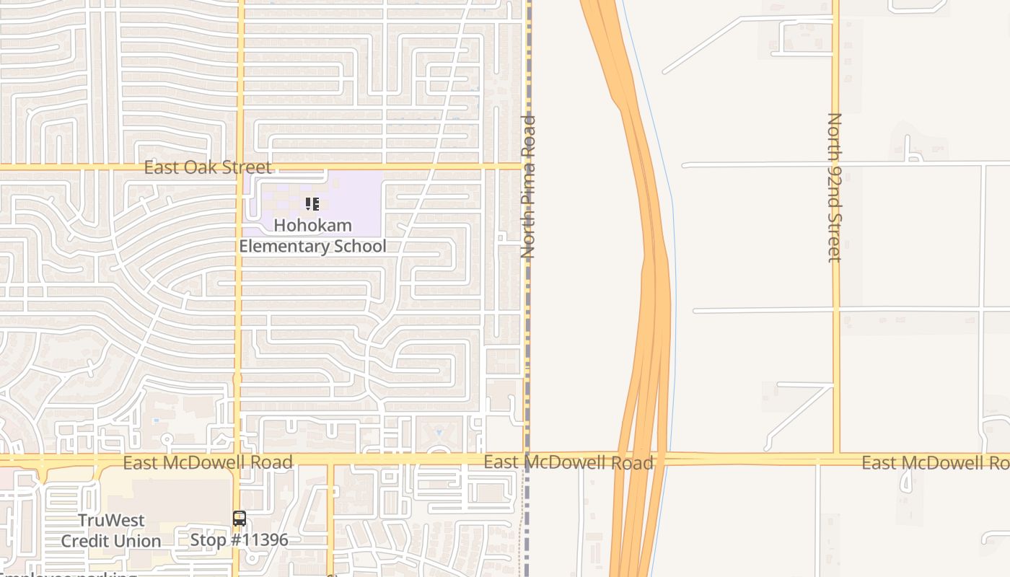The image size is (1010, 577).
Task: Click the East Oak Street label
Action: tap(208, 167)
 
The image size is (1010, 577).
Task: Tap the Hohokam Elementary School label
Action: tap(312, 236)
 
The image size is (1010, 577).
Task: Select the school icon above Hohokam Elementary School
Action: tap(312, 204)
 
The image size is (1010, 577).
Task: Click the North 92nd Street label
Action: tap(835, 188)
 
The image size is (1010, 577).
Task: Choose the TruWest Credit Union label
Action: tap(111, 530)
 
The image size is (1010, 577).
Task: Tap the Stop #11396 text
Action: tap(239, 539)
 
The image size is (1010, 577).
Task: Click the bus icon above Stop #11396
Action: tap(239, 519)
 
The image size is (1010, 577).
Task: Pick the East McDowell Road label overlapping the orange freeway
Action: tap(568, 462)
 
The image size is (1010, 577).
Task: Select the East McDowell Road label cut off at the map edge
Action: tap(935, 462)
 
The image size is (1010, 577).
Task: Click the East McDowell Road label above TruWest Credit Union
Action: tap(208, 462)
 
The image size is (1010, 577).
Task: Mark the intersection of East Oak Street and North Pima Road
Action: tap(527, 167)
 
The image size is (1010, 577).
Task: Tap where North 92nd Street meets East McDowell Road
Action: tap(836, 459)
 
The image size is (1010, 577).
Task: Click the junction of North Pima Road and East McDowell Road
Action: tap(527, 459)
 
